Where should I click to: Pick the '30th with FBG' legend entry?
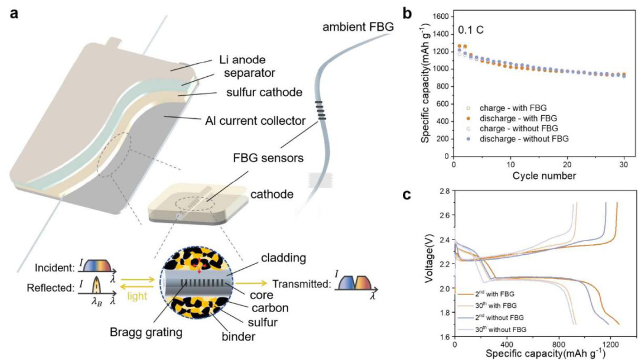(x=489, y=306)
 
